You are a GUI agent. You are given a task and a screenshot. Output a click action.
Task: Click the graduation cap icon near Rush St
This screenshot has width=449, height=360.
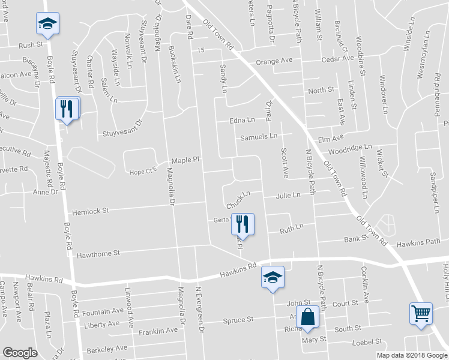pos(47,23)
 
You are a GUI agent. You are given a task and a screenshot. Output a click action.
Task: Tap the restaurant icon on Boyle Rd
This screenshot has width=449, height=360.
pos(67,109)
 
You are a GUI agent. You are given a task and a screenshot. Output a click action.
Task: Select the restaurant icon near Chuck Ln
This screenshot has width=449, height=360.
pos(243,224)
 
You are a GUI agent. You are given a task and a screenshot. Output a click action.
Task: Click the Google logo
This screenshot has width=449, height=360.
pos(20,352)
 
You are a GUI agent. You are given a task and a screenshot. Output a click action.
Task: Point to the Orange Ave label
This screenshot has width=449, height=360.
pos(274,61)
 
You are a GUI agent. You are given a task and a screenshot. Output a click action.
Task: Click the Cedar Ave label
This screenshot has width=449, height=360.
pos(337,59)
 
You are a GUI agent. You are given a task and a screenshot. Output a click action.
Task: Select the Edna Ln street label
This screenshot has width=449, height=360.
pos(243,121)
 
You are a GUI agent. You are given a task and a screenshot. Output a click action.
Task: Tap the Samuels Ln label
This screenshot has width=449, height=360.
pos(259,137)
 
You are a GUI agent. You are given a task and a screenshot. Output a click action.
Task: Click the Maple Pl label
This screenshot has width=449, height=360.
pos(184,161)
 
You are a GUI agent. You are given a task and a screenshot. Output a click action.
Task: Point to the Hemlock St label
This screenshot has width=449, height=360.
pos(90,211)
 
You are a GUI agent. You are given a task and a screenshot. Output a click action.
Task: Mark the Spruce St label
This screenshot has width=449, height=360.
pos(238,320)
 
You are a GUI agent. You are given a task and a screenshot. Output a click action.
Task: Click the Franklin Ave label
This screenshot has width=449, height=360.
pos(158,330)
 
